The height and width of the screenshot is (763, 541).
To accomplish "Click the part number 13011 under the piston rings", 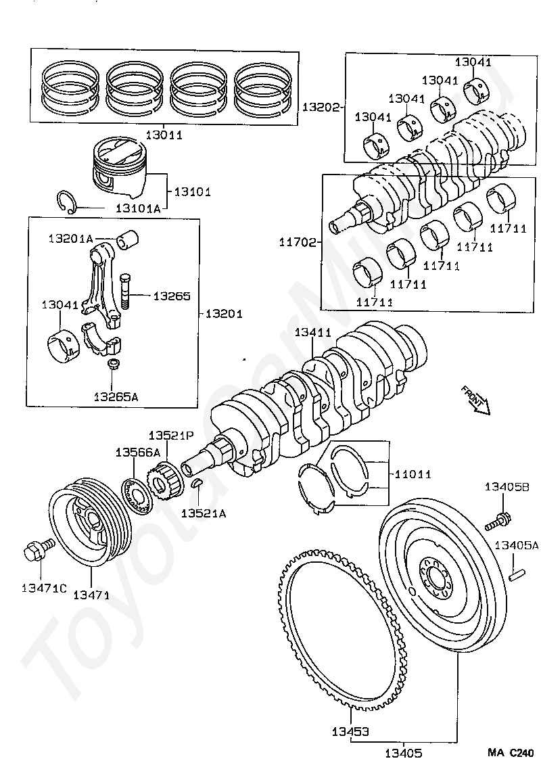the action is click(164, 135).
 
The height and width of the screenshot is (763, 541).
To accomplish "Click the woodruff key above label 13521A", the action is click(197, 483).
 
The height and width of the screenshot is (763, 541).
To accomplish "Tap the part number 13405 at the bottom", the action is click(404, 753).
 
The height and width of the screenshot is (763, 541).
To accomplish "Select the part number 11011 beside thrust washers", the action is click(413, 473).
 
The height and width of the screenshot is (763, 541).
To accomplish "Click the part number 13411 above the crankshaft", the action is click(313, 332).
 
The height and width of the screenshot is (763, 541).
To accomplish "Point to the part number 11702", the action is click(298, 242).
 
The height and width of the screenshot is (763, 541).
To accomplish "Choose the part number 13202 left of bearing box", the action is click(321, 107).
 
